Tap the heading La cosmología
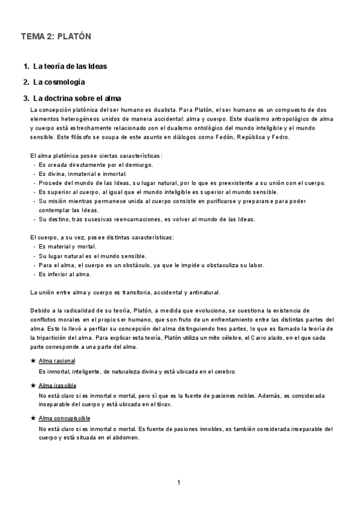point(59,82)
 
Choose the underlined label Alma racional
point(57,360)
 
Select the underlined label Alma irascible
point(57,385)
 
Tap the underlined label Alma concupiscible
point(64,418)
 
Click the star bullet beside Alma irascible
point(32,385)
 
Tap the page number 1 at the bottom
point(179,483)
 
